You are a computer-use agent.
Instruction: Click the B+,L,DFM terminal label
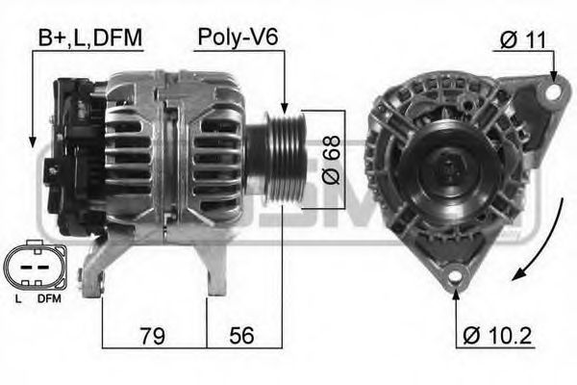click(x=89, y=38)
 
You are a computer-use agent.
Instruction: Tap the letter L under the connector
click(x=18, y=299)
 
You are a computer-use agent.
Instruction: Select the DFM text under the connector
click(x=48, y=299)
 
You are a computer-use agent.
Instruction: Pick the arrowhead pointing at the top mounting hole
click(x=554, y=76)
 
